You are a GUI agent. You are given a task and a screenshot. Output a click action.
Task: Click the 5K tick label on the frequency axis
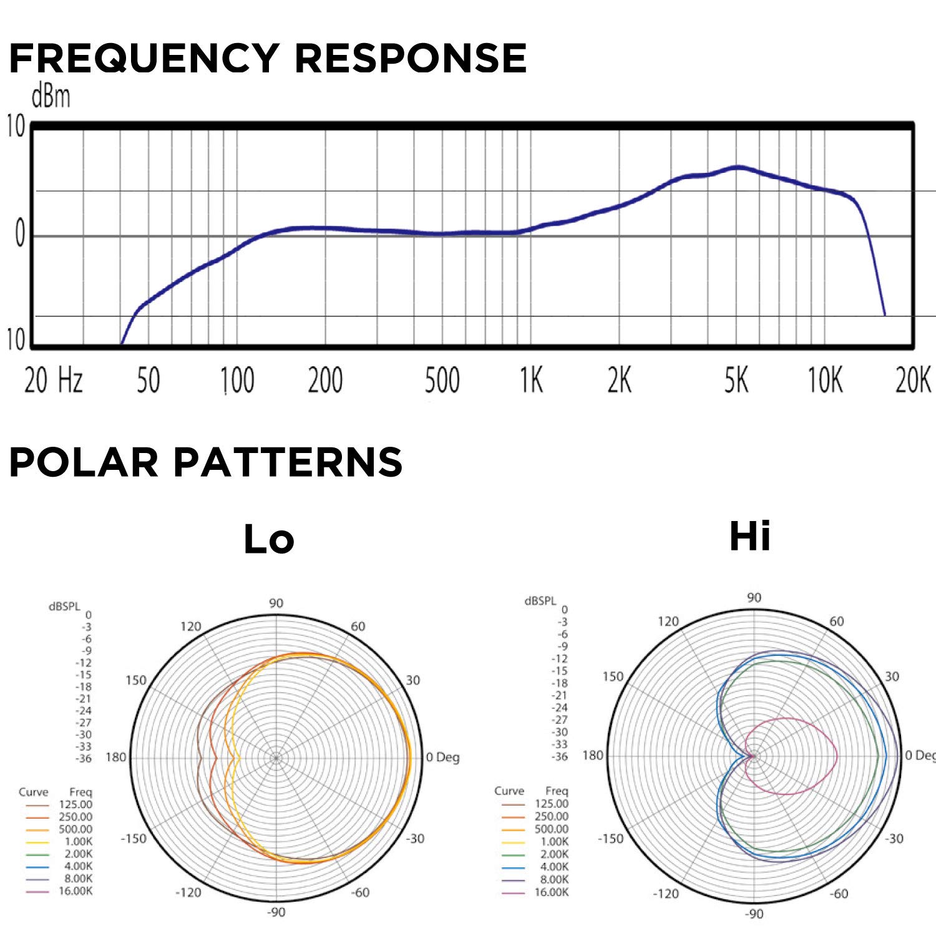(x=736, y=380)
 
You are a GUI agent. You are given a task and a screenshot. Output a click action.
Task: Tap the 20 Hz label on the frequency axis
(x=54, y=380)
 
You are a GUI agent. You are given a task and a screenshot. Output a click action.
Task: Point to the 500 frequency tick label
(x=442, y=380)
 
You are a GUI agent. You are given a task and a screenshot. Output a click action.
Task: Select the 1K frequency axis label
(x=532, y=380)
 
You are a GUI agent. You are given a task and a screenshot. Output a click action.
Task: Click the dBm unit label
(x=51, y=97)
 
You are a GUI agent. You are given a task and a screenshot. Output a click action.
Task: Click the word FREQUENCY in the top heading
(x=144, y=59)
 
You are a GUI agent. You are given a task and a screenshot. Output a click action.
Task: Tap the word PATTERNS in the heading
(x=288, y=462)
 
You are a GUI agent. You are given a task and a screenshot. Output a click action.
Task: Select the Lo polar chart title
(x=268, y=539)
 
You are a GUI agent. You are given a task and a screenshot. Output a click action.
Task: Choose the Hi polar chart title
(x=749, y=536)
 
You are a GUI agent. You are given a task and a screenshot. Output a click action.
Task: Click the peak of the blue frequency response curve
(x=738, y=167)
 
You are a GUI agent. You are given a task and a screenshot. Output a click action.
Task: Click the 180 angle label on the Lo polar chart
(x=116, y=758)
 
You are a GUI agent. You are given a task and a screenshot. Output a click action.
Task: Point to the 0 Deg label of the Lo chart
(x=442, y=758)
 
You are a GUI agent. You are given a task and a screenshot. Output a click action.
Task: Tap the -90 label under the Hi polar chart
(x=754, y=914)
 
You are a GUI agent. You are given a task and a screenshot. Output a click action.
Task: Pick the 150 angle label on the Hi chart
(x=613, y=677)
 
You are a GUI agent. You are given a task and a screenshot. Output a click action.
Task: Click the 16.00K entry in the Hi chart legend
(x=552, y=892)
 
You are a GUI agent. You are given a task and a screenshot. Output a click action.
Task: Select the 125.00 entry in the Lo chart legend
(x=76, y=805)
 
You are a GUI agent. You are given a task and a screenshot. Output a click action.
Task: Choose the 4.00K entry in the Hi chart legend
(x=552, y=867)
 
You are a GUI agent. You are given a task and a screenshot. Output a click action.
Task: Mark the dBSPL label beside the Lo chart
(x=64, y=607)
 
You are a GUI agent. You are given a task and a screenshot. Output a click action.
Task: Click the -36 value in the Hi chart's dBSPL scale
(x=560, y=757)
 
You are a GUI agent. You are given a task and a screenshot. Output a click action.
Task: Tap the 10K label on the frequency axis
(x=825, y=380)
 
